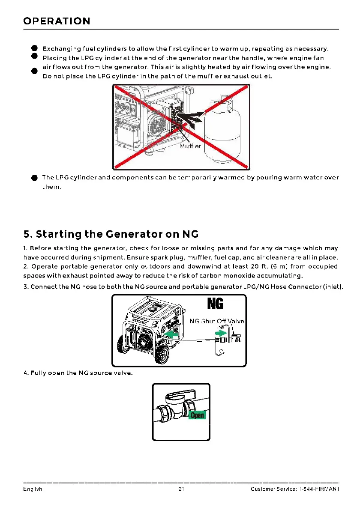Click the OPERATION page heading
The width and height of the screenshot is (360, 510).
57,21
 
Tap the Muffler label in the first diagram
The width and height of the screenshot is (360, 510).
190,146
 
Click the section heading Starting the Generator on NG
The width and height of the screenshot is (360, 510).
111,234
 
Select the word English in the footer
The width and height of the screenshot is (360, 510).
33,489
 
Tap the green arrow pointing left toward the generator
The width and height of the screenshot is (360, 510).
173,334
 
